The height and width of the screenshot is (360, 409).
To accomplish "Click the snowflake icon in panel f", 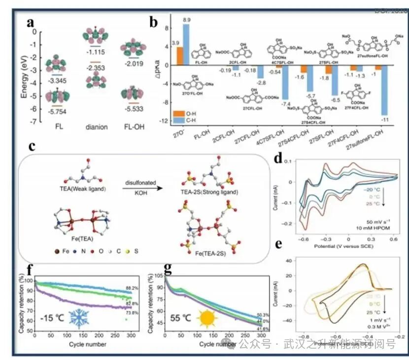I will pyautogui.click(x=77, y=319).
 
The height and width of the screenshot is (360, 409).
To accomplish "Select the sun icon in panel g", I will pyautogui.click(x=205, y=319).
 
